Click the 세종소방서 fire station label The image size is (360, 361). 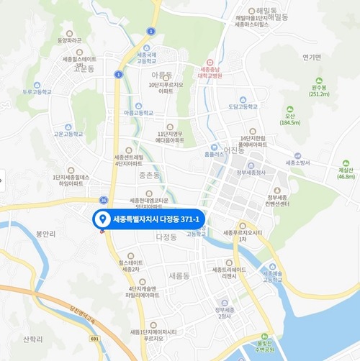tap(297, 163)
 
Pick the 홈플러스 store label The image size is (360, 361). tap(215, 154)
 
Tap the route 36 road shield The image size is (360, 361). tap(104, 200)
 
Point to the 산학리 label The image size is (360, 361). tap(33, 339)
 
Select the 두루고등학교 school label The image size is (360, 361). tap(37, 93)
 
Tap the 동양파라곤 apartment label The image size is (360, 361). tap(69, 40)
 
